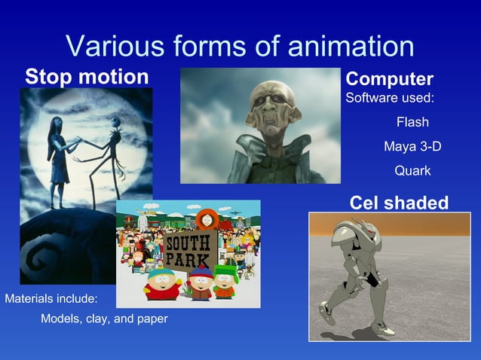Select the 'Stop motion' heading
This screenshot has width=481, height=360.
pos(87,77)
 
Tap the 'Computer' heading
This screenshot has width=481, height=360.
pos(389,79)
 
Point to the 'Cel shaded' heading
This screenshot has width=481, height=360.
pos(399,202)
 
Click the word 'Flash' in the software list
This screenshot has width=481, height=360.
pos(412,122)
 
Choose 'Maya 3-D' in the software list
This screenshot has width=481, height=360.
pos(412,146)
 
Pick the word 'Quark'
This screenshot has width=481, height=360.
pos(412,171)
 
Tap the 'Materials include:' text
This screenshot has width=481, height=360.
pos(51,298)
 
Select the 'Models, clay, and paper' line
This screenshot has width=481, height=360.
pos(104,319)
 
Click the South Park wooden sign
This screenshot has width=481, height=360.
pos(188,252)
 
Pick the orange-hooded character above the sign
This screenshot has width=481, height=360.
pos(204,219)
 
